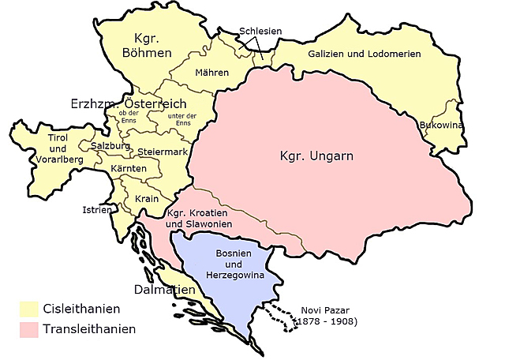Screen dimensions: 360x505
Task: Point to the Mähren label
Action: click(x=211, y=73)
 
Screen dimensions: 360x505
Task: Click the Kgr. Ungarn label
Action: click(x=316, y=156)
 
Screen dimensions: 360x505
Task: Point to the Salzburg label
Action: click(x=109, y=146)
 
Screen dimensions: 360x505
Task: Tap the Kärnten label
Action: click(x=128, y=169)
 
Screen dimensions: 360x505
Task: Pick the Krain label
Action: click(x=147, y=198)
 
